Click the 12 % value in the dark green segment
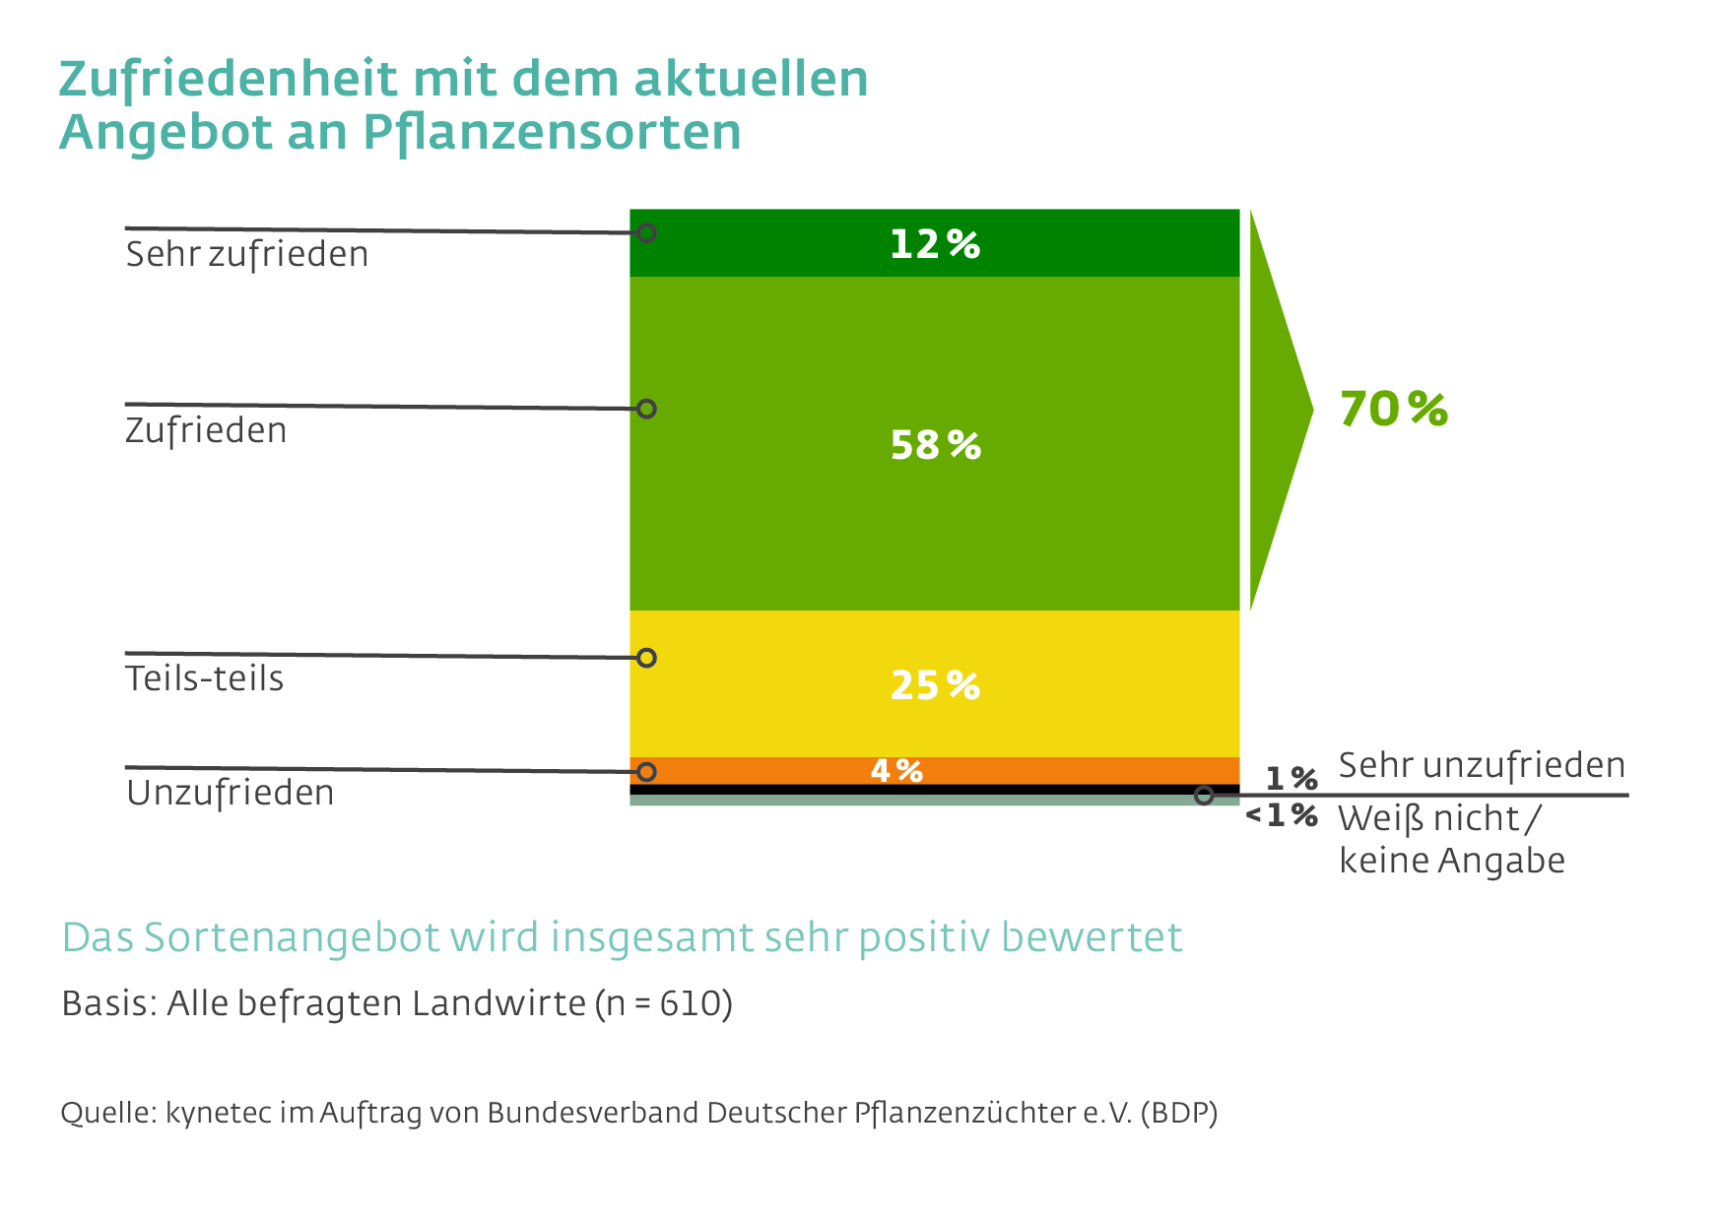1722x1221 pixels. pos(934,244)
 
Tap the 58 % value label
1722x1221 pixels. pos(935,445)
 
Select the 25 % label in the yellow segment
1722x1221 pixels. pos(935,685)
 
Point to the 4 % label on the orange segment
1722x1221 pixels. pos(896,770)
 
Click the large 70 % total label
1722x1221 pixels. pos(1393,409)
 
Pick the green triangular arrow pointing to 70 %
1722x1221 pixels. pos(1276,410)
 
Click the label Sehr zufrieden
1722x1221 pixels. pos(247,254)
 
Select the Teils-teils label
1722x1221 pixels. pos(205,678)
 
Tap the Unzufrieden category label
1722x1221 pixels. pos(231,793)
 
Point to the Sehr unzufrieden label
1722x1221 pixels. pos(1481,765)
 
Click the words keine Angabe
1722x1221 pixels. pos(1451,861)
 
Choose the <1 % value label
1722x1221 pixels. pos(1281,815)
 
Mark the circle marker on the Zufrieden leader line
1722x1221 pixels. pos(646,409)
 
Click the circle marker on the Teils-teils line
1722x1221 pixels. pos(646,658)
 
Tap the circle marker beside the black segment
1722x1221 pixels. pos(1203,795)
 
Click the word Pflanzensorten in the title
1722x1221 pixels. pos(552,132)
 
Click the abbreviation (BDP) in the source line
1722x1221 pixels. pos(1179,1113)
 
